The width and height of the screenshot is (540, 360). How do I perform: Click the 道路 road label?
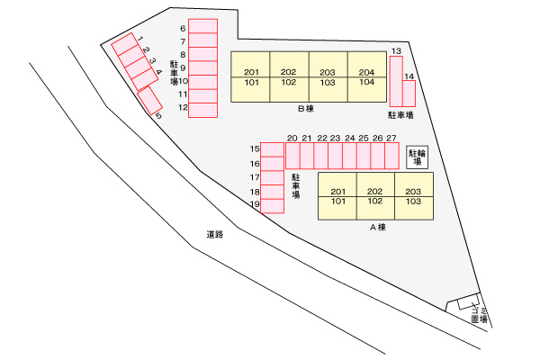[x=215, y=234]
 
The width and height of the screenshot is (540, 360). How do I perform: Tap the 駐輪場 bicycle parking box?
[x=417, y=157]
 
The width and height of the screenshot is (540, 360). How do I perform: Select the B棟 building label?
[x=306, y=109]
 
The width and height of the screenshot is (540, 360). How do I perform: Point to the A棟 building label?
[x=378, y=228]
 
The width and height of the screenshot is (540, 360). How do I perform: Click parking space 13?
[x=396, y=81]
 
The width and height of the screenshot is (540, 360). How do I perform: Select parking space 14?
[x=409, y=94]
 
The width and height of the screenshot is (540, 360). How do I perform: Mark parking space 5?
[x=149, y=100]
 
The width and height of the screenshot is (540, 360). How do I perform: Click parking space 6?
[x=202, y=26]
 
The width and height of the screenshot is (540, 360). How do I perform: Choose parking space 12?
[x=202, y=110]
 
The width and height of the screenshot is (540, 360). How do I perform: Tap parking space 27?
[x=391, y=156]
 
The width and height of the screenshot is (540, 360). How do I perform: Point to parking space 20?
[x=292, y=156]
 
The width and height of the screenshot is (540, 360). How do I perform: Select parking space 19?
[x=272, y=206]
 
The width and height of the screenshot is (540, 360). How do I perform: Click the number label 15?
[x=255, y=148]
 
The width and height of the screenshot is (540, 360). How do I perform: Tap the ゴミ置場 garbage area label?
[x=480, y=315]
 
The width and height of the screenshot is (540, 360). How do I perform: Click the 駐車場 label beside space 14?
[x=400, y=115]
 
